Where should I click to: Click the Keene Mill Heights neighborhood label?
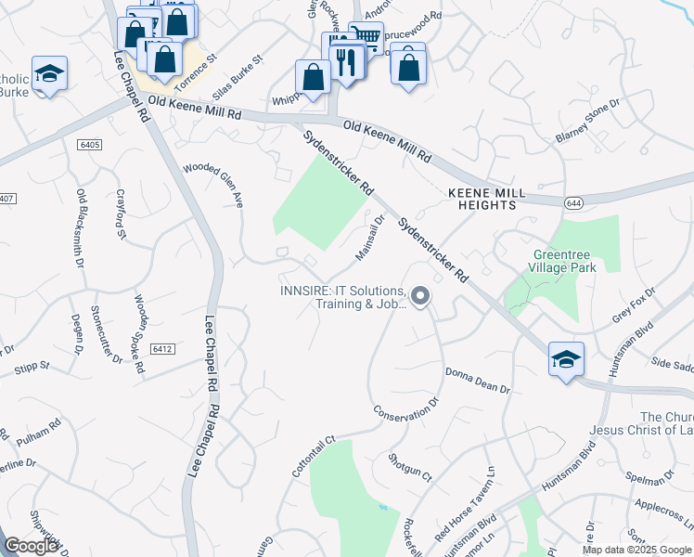pyautogui.click(x=486, y=199)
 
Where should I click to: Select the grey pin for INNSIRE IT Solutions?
pyautogui.click(x=420, y=297)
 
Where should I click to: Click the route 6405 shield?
pyautogui.click(x=89, y=146)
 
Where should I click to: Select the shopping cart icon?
pyautogui.click(x=366, y=37)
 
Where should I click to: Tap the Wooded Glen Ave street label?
pyautogui.click(x=213, y=185)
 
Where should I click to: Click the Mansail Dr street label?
pyautogui.click(x=370, y=238)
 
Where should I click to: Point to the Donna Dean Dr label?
pyautogui.click(x=479, y=381)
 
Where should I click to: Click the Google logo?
pyautogui.click(x=32, y=547)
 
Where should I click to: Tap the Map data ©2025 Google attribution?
pyautogui.click(x=636, y=550)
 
